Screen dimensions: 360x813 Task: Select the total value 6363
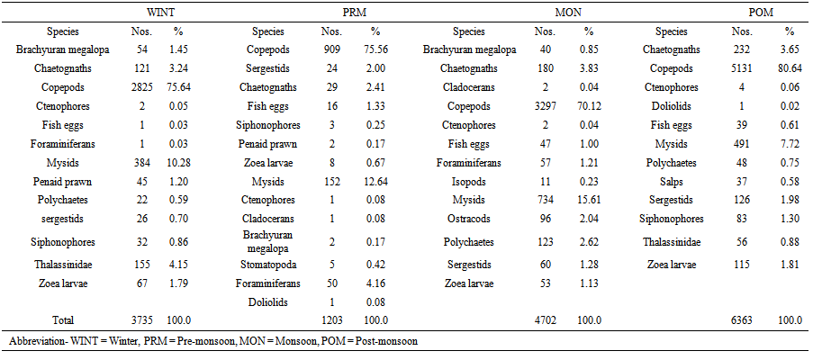point(744,319)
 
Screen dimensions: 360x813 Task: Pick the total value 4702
point(546,319)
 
